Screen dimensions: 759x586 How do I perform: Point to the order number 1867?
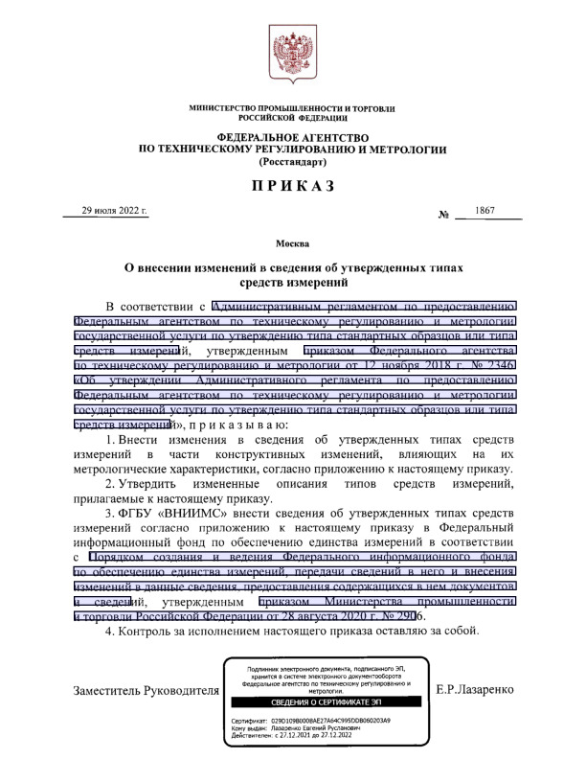486,211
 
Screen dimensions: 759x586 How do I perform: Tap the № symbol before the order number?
444,215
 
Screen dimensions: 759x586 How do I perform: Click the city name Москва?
292,244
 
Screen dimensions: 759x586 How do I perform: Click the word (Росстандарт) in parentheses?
292,163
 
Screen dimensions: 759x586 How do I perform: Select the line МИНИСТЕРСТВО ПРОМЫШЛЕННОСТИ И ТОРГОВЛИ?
292,110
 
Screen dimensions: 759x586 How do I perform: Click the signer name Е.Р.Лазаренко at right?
475,689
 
